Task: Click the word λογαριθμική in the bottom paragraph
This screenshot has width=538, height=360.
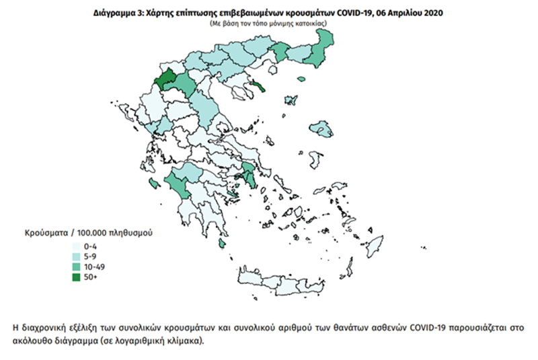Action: click(126, 340)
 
